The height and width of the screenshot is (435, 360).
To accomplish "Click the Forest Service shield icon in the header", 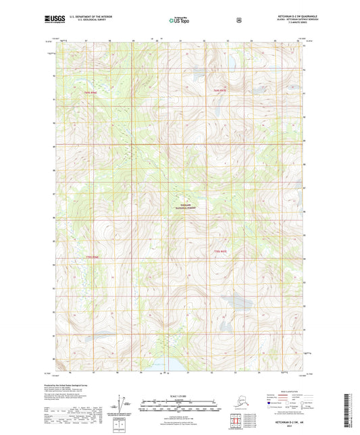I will tap(239, 20).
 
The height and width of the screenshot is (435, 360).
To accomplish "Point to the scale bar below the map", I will tap(179, 407).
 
